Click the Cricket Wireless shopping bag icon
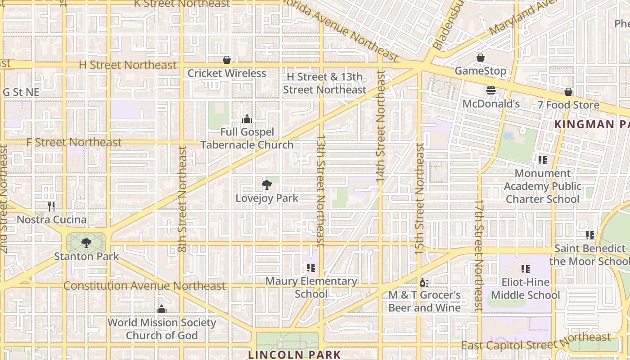227,60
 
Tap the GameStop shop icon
481,58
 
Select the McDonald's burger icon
491,90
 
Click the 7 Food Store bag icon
568,92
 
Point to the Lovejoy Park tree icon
267,184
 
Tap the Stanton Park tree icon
86,243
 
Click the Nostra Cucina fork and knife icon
51,207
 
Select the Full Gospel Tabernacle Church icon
247,119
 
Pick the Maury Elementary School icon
310,268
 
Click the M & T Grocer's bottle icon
423,282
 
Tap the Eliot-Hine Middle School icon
525,269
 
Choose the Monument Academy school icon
543,160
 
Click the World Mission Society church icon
162,309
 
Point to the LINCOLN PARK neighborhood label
295,355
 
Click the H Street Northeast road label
128,65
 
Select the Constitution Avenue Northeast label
144,286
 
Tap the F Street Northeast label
74,143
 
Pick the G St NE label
21,92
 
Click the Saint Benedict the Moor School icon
590,235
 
